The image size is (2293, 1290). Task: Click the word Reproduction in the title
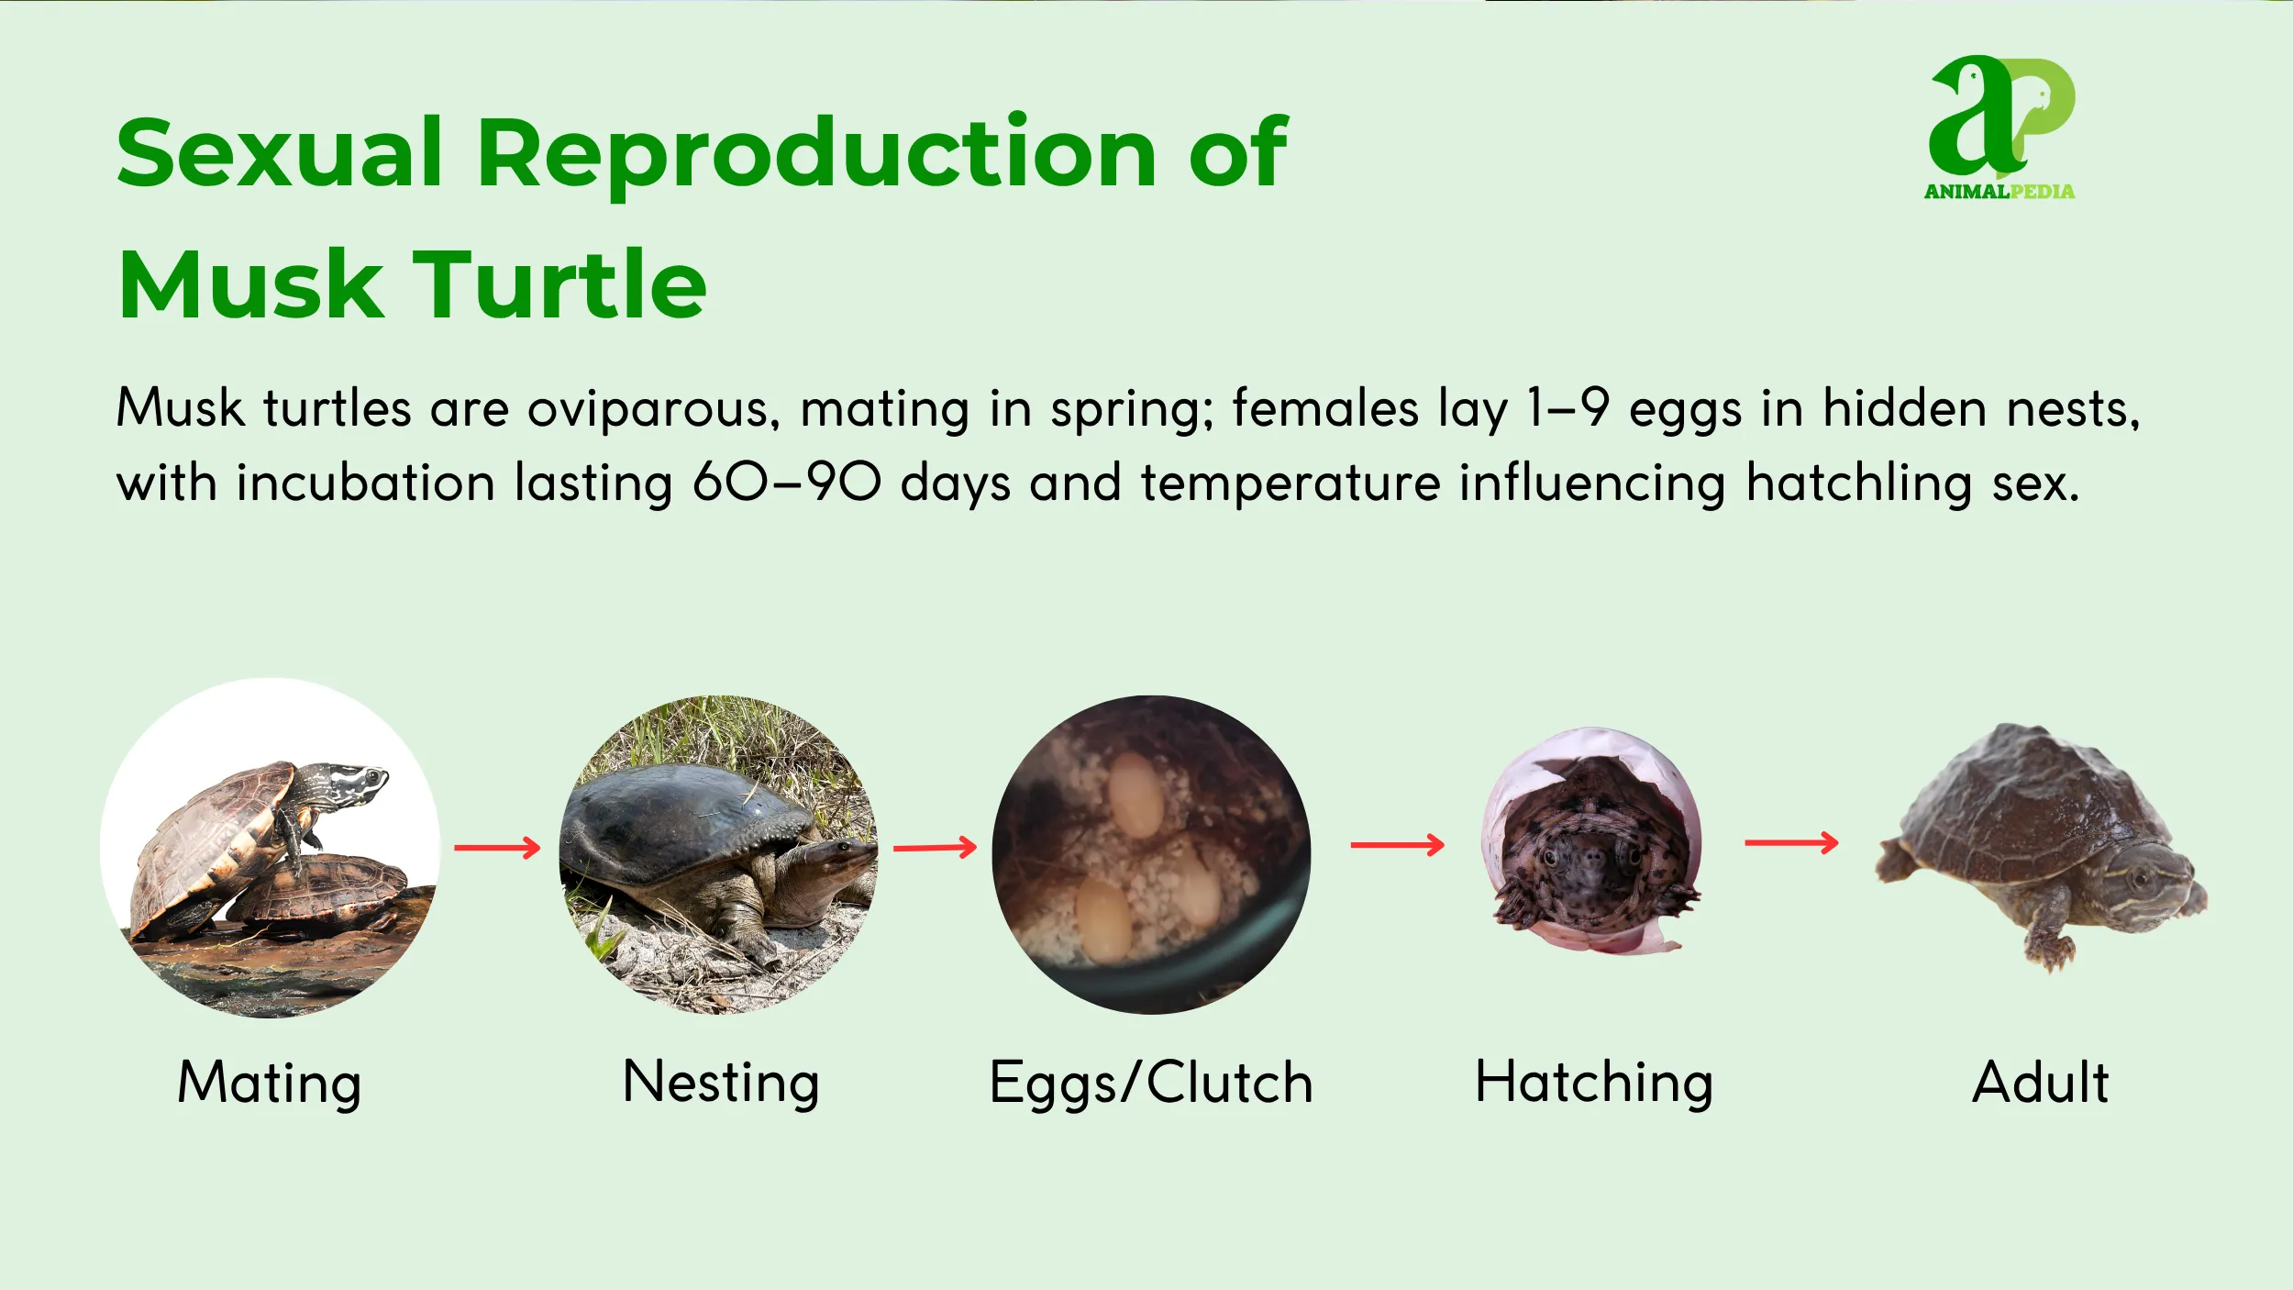[x=816, y=153]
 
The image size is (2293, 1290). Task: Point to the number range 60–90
[x=786, y=483]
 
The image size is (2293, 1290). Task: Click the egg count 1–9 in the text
[x=1567, y=408]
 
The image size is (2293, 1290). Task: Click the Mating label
[x=270, y=1083]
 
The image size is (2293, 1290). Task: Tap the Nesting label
[x=720, y=1083]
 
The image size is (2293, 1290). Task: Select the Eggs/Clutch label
[x=1151, y=1083]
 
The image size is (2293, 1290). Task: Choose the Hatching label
[x=1594, y=1083]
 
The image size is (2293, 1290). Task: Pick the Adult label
[x=2041, y=1083]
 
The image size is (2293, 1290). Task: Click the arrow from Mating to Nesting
[x=497, y=847]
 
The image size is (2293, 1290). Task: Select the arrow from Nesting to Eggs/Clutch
[x=935, y=847]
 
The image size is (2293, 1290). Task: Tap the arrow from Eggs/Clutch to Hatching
[x=1397, y=844]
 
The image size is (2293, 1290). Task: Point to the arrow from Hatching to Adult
[x=1790, y=842]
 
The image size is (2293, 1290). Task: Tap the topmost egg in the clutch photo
[x=1135, y=795]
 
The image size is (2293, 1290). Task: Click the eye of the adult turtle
[x=2140, y=881]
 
